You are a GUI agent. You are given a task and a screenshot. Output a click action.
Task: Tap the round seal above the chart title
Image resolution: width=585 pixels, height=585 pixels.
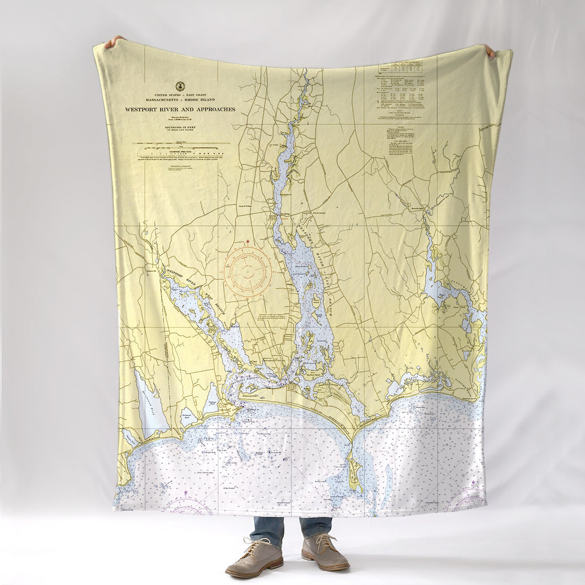pyautogui.click(x=180, y=86)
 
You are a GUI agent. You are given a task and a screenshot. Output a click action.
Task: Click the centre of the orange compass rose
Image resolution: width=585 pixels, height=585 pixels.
pyautogui.click(x=247, y=270)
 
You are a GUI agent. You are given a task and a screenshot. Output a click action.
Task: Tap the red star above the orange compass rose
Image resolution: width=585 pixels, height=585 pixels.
pyautogui.click(x=247, y=242)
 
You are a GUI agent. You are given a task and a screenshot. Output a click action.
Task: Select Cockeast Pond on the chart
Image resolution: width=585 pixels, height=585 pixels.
pyautogui.click(x=212, y=398)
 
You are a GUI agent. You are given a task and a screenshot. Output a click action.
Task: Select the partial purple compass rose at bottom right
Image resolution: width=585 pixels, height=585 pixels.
pyautogui.click(x=466, y=502)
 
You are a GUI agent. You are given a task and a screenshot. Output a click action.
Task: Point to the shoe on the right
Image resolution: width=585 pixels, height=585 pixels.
pyautogui.click(x=324, y=552)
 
